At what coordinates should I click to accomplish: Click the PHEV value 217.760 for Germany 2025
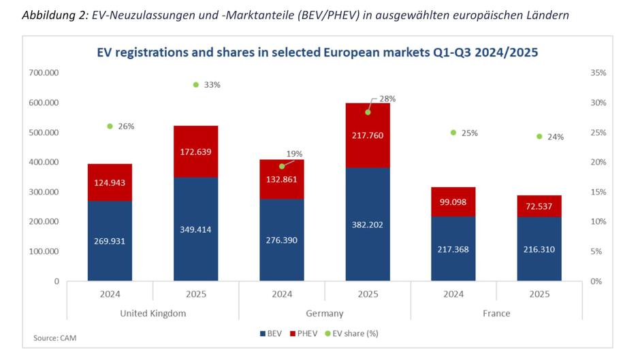pyautogui.click(x=368, y=135)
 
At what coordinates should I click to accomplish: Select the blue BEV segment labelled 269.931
pyautogui.click(x=110, y=240)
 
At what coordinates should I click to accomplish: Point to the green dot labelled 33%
pyautogui.click(x=196, y=84)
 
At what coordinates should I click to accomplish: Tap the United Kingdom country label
pyautogui.click(x=153, y=313)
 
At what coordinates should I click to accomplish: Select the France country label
pyautogui.click(x=496, y=313)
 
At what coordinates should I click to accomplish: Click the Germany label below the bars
pyautogui.click(x=325, y=313)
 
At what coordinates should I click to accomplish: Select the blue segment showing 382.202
pyautogui.click(x=368, y=223)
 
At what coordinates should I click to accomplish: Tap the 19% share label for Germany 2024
pyautogui.click(x=295, y=154)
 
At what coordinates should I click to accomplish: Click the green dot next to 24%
pyautogui.click(x=539, y=136)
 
